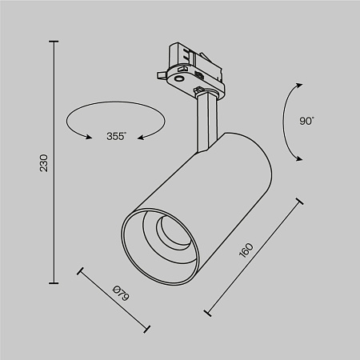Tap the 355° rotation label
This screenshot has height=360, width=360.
point(116,137)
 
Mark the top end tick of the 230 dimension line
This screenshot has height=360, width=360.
point(54,42)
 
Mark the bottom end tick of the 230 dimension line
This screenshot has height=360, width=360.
point(54,282)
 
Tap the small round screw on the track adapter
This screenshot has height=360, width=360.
point(178,78)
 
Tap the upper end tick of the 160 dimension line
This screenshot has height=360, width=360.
point(300,202)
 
